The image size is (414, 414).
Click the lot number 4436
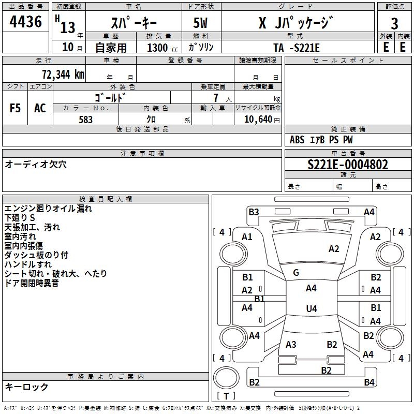tap(26, 22)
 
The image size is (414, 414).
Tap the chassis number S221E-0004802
tap(348, 165)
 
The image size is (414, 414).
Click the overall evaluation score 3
tap(394, 24)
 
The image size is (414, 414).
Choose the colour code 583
tap(85, 120)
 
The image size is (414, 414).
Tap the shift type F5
tap(16, 108)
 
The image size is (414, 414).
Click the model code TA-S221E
tap(297, 48)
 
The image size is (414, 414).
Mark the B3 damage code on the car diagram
tap(254, 212)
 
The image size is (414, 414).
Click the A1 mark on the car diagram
tap(247, 237)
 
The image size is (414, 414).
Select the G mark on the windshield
tap(296, 273)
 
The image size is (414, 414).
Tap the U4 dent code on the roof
tap(311, 309)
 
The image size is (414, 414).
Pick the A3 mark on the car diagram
tap(291, 345)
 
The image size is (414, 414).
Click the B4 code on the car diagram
tap(369, 382)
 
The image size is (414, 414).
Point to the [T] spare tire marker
tap(226, 396)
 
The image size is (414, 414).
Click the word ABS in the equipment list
tap(297, 140)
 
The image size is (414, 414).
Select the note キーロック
tap(26, 387)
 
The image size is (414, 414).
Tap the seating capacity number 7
tap(215, 98)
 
